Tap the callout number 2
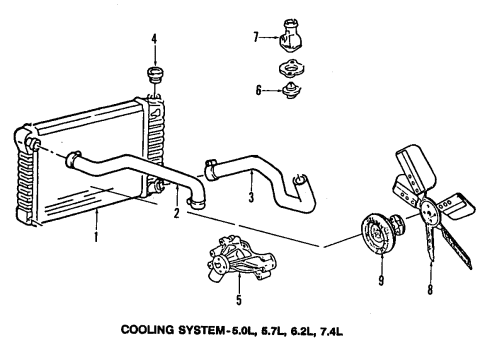(x=176, y=212)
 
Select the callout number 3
(x=253, y=225)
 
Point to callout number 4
(x=154, y=40)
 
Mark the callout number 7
(x=257, y=38)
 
